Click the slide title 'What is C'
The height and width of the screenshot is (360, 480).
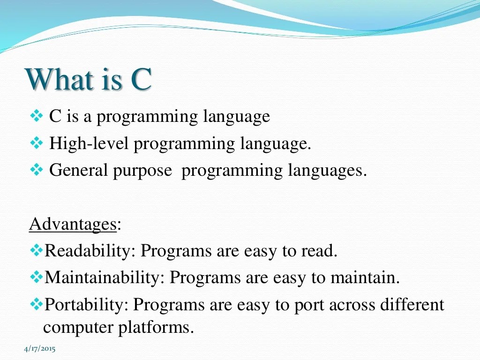pyautogui.click(x=89, y=80)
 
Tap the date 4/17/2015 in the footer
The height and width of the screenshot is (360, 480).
pyautogui.click(x=39, y=349)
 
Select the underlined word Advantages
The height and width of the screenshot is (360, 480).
pyautogui.click(x=73, y=224)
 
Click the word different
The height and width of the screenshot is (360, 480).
pyautogui.click(x=412, y=305)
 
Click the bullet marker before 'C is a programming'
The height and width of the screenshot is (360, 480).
pyautogui.click(x=36, y=116)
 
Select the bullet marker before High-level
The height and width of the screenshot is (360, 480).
pyautogui.click(x=36, y=143)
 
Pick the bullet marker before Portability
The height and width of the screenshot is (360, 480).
pyautogui.click(x=36, y=305)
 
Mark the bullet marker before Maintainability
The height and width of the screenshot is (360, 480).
pyautogui.click(x=36, y=277)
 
